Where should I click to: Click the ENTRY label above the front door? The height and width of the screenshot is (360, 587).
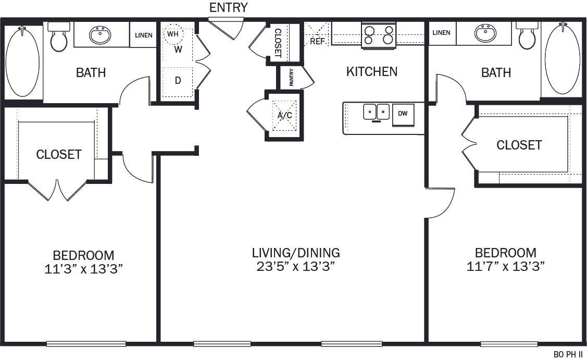click(228, 7)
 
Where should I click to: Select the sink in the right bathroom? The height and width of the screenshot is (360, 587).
click(485, 34)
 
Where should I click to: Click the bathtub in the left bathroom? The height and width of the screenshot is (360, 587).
click(22, 61)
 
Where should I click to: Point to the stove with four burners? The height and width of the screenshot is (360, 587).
click(379, 35)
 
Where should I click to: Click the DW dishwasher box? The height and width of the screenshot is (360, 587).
click(403, 114)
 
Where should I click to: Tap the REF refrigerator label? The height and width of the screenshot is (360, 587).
click(317, 41)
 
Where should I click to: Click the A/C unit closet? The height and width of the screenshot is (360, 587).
click(284, 115)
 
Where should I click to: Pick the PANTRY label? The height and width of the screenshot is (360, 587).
click(291, 78)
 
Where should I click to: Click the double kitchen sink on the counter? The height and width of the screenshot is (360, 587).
click(377, 111)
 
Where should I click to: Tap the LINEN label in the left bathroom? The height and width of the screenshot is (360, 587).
click(143, 35)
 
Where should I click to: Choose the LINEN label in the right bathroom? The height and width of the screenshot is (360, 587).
click(441, 33)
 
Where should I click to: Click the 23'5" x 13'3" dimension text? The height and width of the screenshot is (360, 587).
click(295, 267)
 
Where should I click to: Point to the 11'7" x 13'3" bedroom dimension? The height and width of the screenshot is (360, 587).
click(506, 267)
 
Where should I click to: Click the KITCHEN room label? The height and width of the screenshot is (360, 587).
click(372, 71)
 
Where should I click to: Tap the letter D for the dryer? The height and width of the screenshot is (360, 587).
click(178, 81)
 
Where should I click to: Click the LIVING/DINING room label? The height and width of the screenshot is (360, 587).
click(295, 253)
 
